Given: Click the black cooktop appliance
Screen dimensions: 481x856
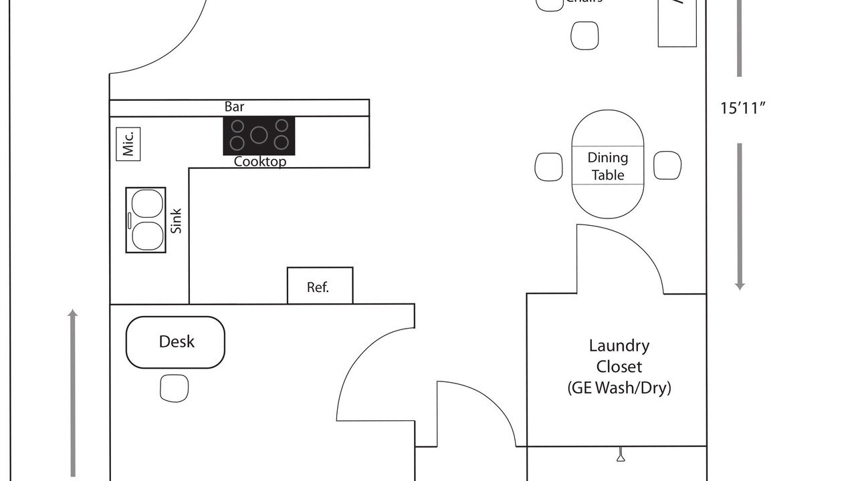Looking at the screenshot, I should point(259,136).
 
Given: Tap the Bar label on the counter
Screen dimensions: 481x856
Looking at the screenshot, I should point(234,107).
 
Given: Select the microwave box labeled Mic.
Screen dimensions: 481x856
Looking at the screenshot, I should point(128,144).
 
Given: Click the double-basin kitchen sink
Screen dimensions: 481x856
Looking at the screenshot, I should point(146,220).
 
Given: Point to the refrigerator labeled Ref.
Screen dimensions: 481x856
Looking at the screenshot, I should point(320,287).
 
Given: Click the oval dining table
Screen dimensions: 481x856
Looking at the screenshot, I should point(608,164).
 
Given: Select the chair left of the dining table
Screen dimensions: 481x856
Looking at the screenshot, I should point(548,166).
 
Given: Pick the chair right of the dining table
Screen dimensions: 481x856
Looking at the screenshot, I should point(667,165).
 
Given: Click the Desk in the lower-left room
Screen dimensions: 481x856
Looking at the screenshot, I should point(175,342).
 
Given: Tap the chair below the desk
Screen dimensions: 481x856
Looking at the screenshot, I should point(174,388).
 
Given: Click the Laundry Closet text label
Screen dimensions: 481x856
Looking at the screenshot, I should point(619,356).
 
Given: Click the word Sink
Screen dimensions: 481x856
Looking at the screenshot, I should point(177,221).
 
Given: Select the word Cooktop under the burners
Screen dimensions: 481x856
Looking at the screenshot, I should point(260,162).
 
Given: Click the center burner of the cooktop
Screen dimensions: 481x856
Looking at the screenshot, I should point(259,135).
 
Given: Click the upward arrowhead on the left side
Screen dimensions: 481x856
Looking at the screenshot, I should point(73,313).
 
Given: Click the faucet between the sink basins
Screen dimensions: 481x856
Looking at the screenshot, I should point(129,220).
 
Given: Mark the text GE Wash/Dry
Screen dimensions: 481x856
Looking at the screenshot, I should point(619,387).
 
